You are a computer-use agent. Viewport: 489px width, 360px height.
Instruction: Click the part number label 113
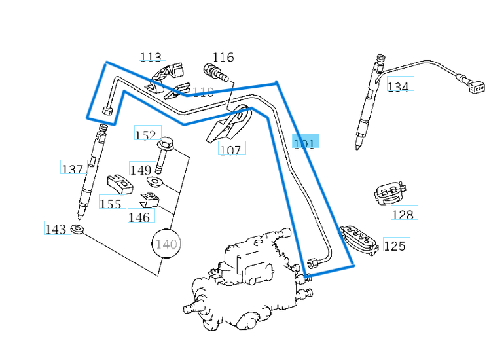[x=151, y=56]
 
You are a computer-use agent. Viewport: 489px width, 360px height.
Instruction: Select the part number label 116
[x=223, y=56]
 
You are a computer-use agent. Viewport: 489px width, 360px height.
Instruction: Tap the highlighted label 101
[x=304, y=143]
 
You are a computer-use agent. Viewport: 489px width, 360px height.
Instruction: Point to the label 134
[x=398, y=86]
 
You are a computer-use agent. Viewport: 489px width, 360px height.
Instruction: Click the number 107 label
[x=230, y=150]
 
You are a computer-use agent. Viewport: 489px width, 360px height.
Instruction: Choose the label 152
[x=146, y=135]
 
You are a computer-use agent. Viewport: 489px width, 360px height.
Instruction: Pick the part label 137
[x=73, y=169]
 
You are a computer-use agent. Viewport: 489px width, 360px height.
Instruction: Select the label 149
[x=141, y=170]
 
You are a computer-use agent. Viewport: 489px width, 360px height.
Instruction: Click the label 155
[x=111, y=204]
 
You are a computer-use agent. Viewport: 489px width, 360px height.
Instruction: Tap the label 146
[x=139, y=217]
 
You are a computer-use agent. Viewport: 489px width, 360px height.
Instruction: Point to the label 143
[x=56, y=228]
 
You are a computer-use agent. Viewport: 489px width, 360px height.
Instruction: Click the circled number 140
[x=166, y=244]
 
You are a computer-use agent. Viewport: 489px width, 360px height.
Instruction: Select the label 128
[x=403, y=214]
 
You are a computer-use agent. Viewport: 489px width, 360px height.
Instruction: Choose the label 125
[x=395, y=245]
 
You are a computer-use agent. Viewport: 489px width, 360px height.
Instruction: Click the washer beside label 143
[x=78, y=229]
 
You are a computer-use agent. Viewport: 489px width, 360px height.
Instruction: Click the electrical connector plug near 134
[x=476, y=86]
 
